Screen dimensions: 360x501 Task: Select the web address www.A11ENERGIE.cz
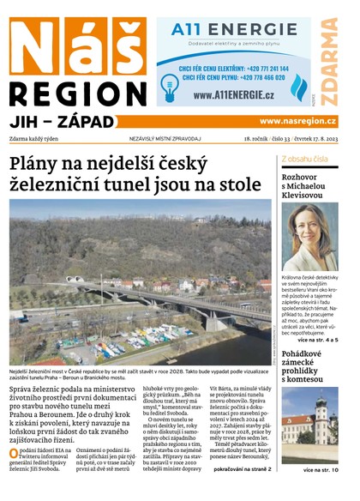[x=226, y=95]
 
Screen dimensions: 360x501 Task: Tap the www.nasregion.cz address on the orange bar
[x=297, y=121]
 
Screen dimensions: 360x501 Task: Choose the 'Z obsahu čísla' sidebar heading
[x=303, y=159]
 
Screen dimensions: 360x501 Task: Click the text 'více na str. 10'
[x=321, y=470]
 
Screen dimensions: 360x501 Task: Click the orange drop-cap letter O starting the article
[x=14, y=453]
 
